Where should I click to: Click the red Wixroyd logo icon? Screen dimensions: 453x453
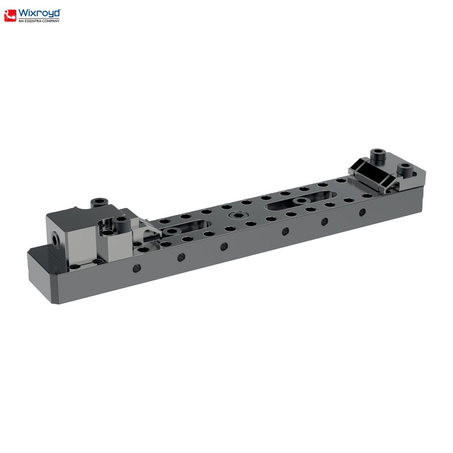coord(10,16)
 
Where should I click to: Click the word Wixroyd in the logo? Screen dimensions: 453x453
coord(40,13)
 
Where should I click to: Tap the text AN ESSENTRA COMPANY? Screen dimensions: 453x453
coord(39,21)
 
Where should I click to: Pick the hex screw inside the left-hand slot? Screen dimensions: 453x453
coord(172,231)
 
